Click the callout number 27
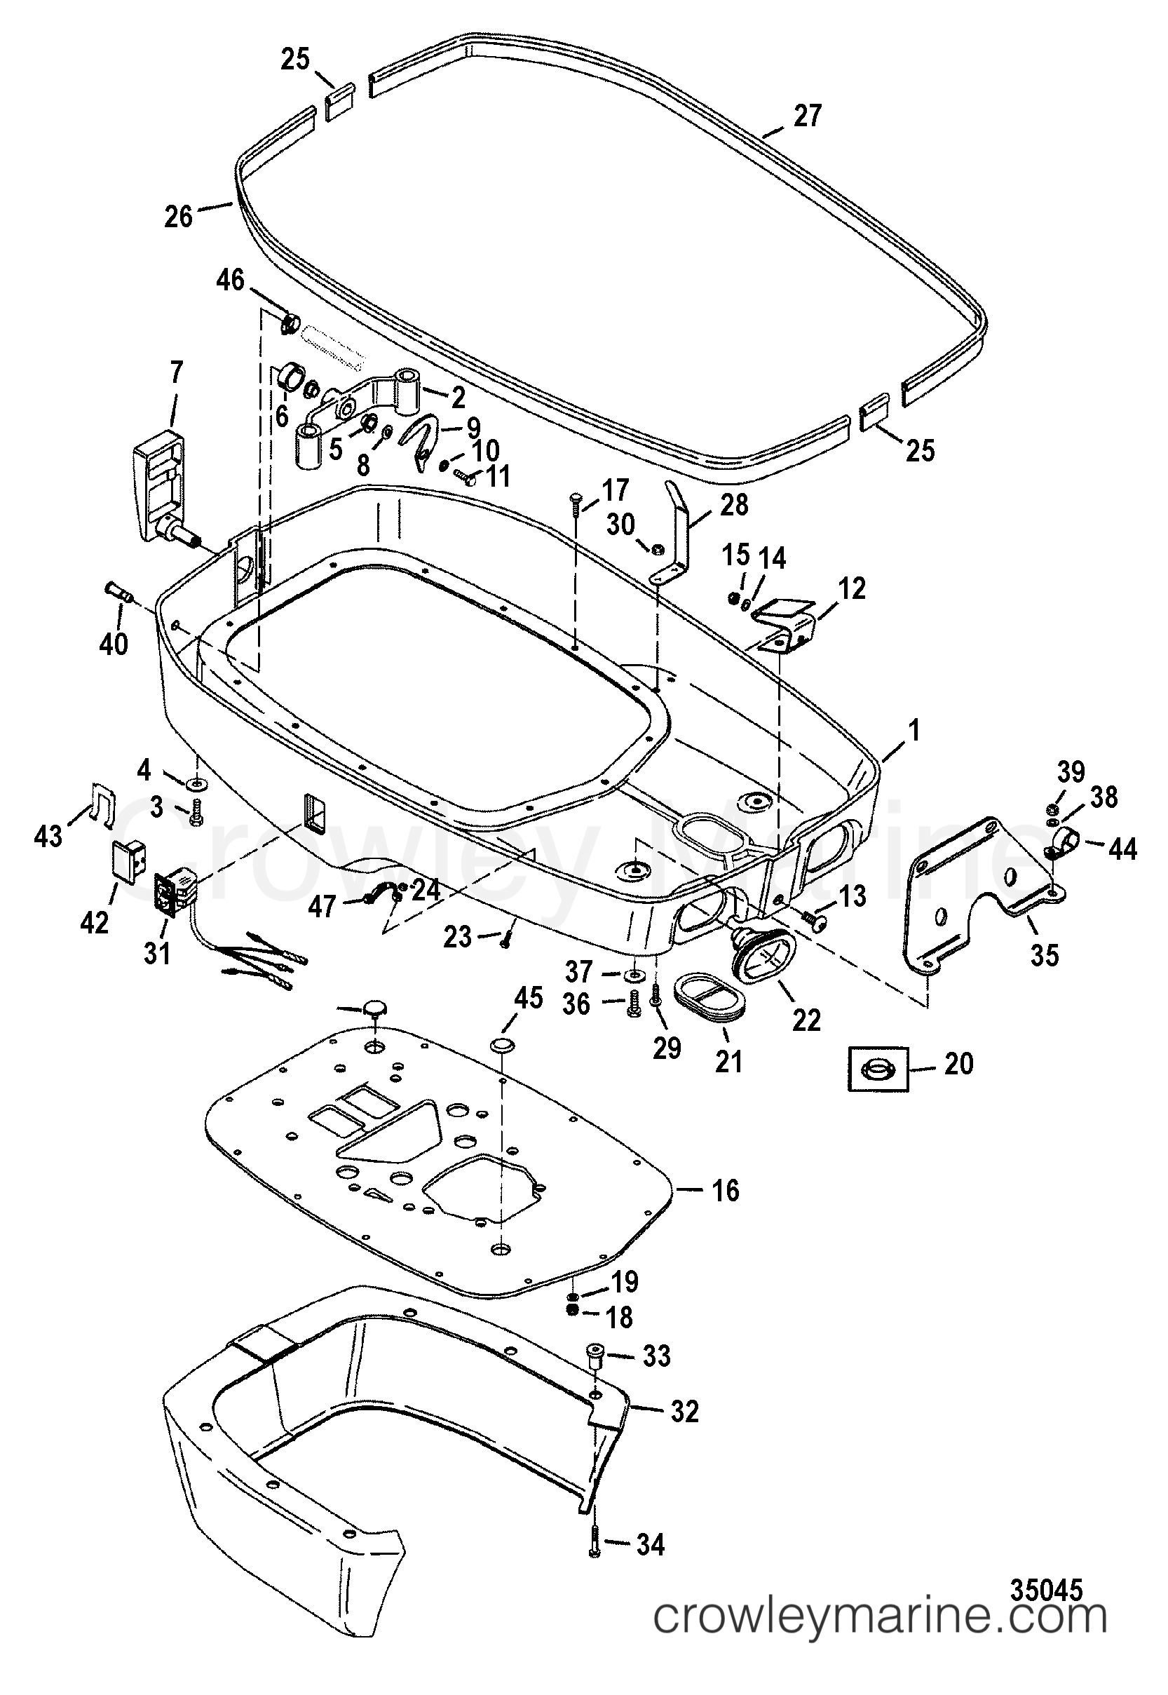pyautogui.click(x=807, y=116)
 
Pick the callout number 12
pyautogui.click(x=853, y=588)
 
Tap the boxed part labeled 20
pyautogui.click(x=878, y=1070)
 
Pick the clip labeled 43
pyautogui.click(x=99, y=803)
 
